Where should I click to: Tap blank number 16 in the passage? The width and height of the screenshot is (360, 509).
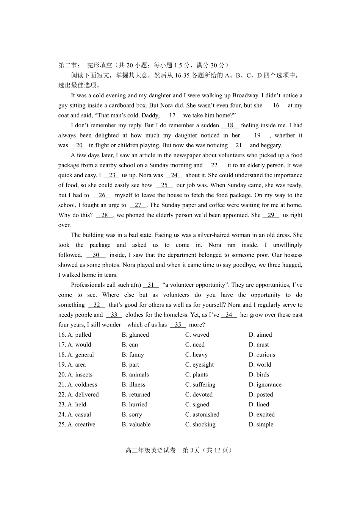(x=276, y=105)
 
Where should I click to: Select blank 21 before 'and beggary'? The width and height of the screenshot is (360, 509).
(x=238, y=145)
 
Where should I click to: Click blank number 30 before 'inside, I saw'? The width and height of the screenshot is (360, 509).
(x=96, y=255)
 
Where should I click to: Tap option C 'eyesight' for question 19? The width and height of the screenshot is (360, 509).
(x=203, y=364)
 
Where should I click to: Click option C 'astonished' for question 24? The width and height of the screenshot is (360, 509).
(x=206, y=414)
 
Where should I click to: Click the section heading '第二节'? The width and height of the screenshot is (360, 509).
(x=67, y=65)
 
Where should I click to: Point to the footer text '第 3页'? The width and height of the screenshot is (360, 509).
(x=191, y=450)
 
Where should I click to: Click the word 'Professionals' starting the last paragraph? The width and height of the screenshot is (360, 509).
(x=88, y=285)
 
